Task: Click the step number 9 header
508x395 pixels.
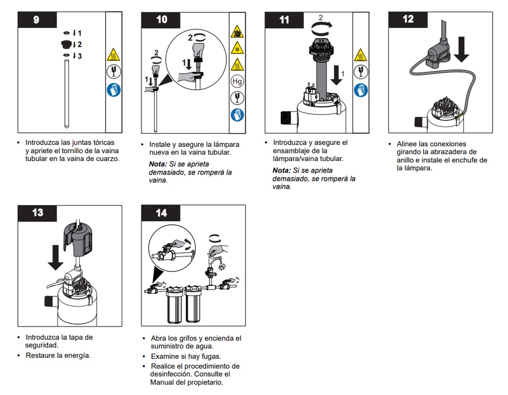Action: tap(37, 20)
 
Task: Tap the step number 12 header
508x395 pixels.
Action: tap(408, 20)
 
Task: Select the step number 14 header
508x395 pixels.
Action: tap(161, 213)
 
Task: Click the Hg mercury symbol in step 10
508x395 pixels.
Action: tap(237, 81)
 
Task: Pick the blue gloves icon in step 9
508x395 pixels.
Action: tap(114, 90)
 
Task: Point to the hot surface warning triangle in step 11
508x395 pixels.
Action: tap(360, 55)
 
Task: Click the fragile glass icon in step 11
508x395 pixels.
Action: tap(361, 72)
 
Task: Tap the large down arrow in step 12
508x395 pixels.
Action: tap(461, 49)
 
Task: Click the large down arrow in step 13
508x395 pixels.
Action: tap(56, 257)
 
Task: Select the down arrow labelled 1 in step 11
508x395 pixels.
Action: tap(337, 75)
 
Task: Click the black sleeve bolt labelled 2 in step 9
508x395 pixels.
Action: tap(66, 44)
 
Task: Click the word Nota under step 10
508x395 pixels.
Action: tap(158, 164)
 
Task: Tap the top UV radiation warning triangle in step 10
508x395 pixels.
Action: tap(237, 32)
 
